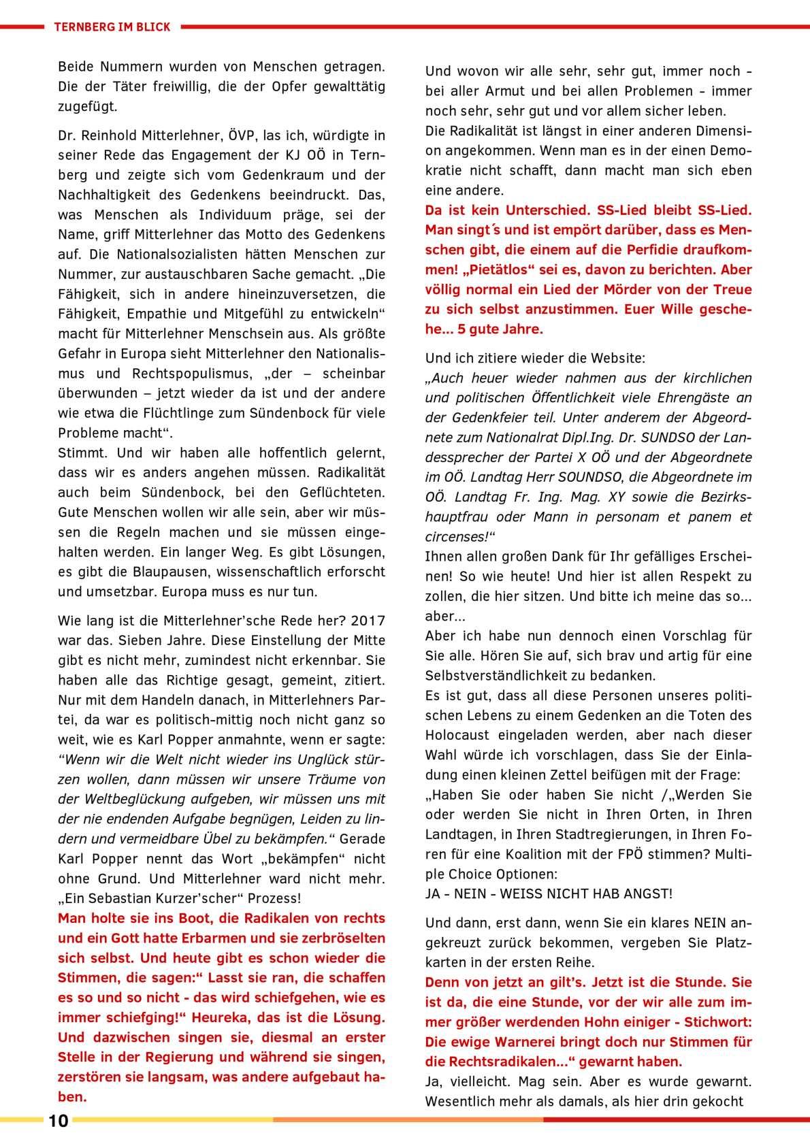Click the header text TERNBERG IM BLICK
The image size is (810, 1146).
tap(112, 27)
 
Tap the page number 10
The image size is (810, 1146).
tap(59, 1122)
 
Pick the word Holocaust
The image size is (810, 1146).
tap(461, 735)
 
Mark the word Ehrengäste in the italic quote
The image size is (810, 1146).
tap(692, 398)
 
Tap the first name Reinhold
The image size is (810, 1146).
tap(108, 135)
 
